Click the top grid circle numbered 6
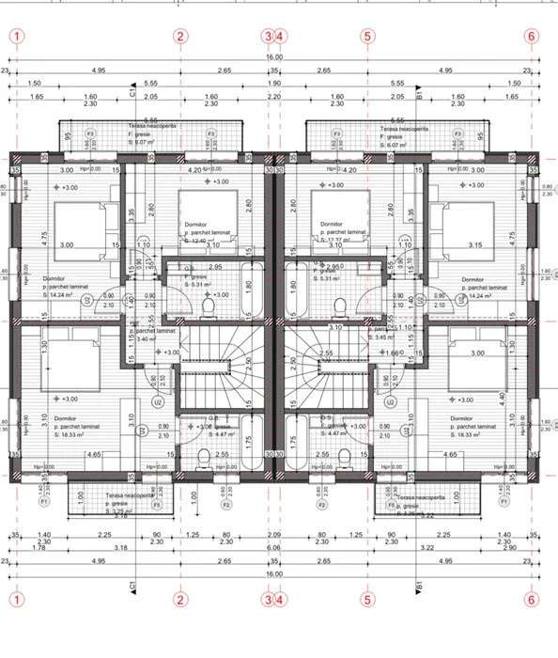tap(532, 36)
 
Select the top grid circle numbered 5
tap(367, 36)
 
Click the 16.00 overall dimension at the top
tap(273, 57)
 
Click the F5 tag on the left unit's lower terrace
tap(157, 505)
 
